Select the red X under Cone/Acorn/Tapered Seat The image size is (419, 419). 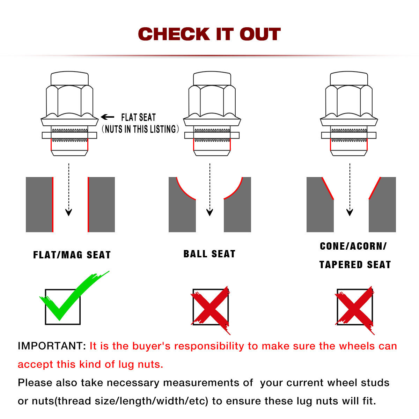tap(354, 309)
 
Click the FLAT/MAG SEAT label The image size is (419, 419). tap(72, 255)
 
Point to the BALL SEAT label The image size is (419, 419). tap(209, 254)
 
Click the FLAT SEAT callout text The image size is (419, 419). tap(138, 117)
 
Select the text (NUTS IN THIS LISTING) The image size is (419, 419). tap(140, 129)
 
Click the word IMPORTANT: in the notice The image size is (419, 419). tap(52, 346)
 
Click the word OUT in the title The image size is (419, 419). tap(260, 34)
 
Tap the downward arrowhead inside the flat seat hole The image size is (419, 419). tap(69, 212)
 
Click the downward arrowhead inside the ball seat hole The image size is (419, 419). tap(210, 212)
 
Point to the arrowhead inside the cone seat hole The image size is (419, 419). tap(350, 212)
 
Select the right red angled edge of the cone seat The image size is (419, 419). tap(375, 188)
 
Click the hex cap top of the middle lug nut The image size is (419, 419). tap(212, 79)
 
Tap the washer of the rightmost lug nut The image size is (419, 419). tap(349, 135)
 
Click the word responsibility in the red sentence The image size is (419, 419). tap(209, 346)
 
